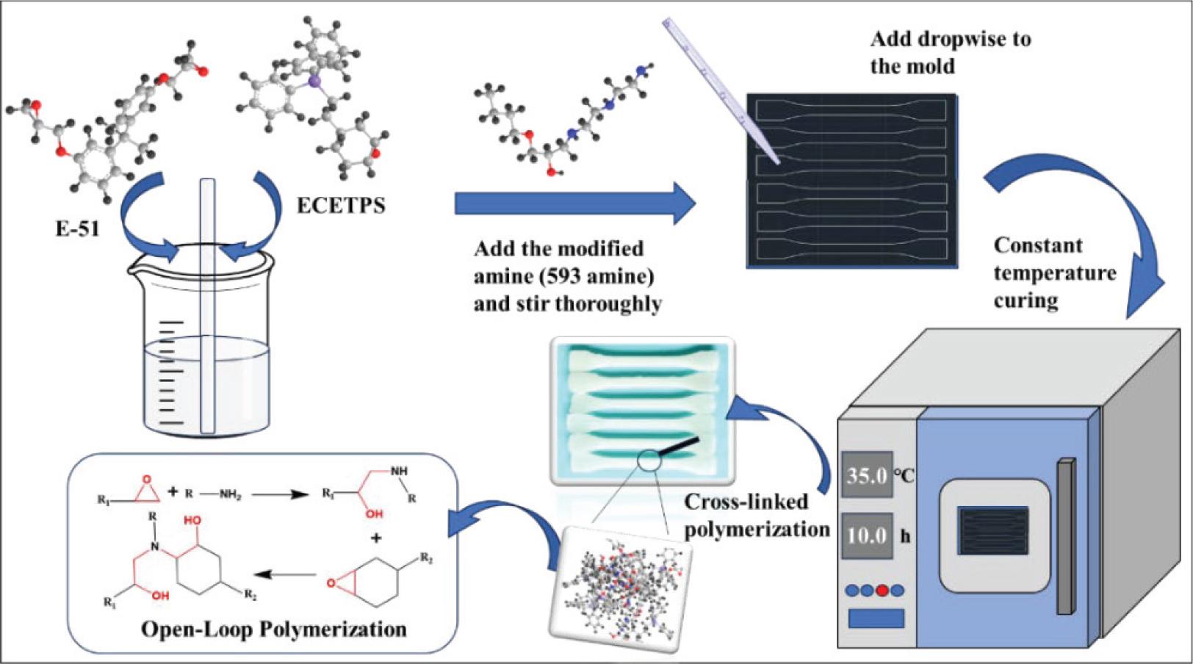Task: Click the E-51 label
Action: (x=78, y=228)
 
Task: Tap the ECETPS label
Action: (x=341, y=205)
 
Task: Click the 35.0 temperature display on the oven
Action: (x=867, y=475)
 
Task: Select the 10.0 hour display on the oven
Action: (x=867, y=535)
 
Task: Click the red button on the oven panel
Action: (x=882, y=590)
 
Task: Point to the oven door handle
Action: (x=1066, y=536)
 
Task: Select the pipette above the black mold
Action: (x=720, y=89)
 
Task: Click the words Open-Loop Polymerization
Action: (x=274, y=629)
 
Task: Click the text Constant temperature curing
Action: (x=1054, y=273)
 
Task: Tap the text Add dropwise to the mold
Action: (x=950, y=52)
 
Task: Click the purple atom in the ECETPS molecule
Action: (x=315, y=82)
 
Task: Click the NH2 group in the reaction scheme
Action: (x=229, y=495)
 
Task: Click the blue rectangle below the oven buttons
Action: (x=876, y=618)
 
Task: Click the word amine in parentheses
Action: (x=619, y=277)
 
